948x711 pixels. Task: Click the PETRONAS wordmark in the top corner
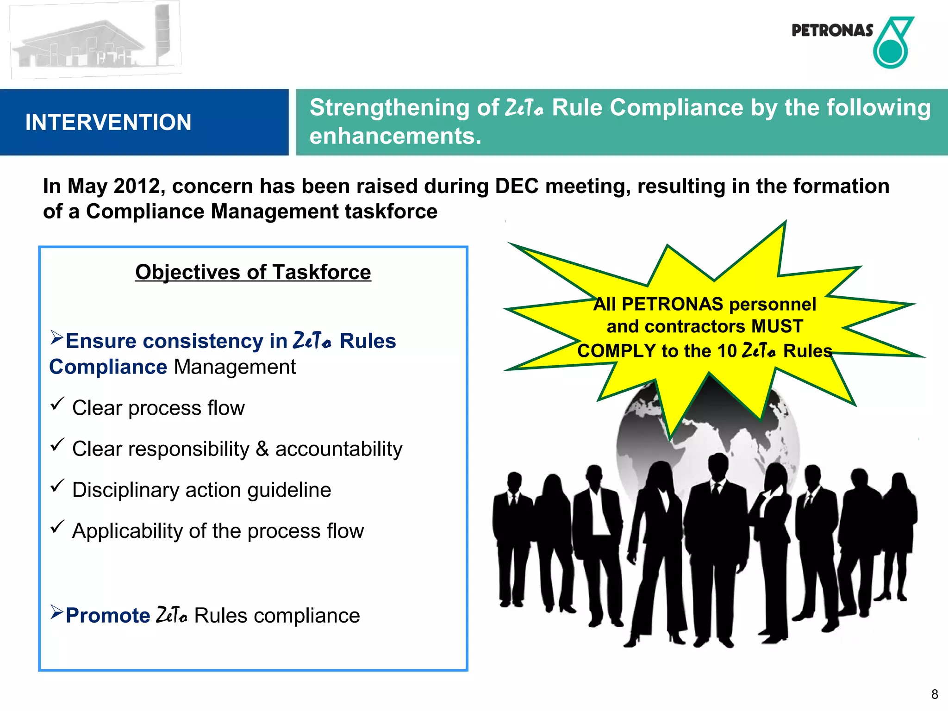(x=832, y=31)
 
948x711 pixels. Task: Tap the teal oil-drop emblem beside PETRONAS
(x=892, y=44)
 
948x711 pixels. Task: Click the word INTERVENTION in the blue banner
(x=108, y=123)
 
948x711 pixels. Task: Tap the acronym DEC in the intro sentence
(x=517, y=186)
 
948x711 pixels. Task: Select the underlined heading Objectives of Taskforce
(x=253, y=272)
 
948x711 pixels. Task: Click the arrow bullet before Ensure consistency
(x=56, y=337)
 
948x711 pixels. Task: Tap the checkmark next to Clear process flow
(x=57, y=404)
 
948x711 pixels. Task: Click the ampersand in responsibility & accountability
(x=262, y=449)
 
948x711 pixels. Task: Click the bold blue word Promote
(x=108, y=616)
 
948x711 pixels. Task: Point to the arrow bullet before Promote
(x=56, y=612)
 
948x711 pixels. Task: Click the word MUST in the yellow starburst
(x=777, y=326)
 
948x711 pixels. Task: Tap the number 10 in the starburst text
(x=727, y=351)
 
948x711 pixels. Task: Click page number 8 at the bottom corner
(x=935, y=694)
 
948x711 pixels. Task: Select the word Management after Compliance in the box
(x=234, y=367)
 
